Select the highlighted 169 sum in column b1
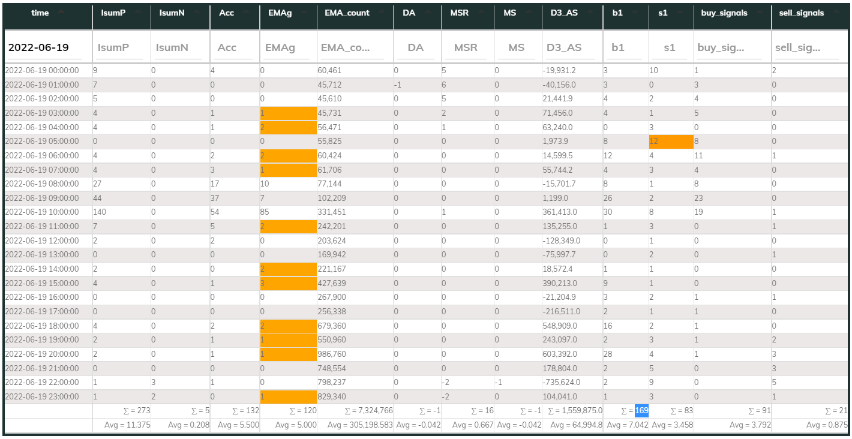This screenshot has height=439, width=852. pos(641,411)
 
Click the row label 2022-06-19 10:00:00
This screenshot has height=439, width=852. pos(42,212)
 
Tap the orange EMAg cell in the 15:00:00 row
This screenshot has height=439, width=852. pos(287,282)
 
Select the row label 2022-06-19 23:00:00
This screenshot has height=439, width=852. pos(42,396)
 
